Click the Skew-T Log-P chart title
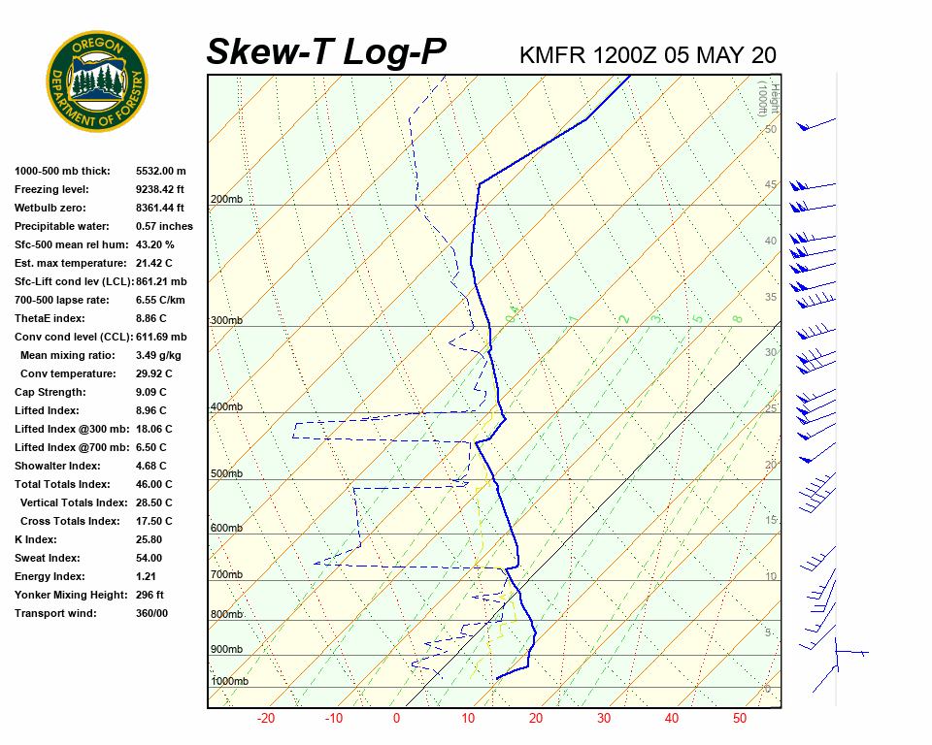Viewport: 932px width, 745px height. click(x=326, y=52)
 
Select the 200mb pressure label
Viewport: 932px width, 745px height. click(x=226, y=200)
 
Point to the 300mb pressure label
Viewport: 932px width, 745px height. click(x=226, y=321)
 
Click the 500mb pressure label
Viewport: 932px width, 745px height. click(x=226, y=474)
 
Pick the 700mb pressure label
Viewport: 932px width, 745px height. click(x=226, y=575)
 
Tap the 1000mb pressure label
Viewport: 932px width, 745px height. click(x=230, y=682)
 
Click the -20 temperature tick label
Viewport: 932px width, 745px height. click(x=266, y=719)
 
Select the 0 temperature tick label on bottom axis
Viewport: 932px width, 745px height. click(x=396, y=719)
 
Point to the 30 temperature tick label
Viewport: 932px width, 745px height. click(x=604, y=719)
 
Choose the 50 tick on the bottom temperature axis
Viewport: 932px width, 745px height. click(x=740, y=719)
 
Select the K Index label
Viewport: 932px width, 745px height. click(x=36, y=540)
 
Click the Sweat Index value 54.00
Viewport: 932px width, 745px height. click(x=150, y=559)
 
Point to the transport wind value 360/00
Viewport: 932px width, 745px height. click(x=152, y=614)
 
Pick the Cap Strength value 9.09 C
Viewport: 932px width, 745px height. click(x=153, y=393)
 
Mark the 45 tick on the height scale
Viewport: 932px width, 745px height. click(x=771, y=185)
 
